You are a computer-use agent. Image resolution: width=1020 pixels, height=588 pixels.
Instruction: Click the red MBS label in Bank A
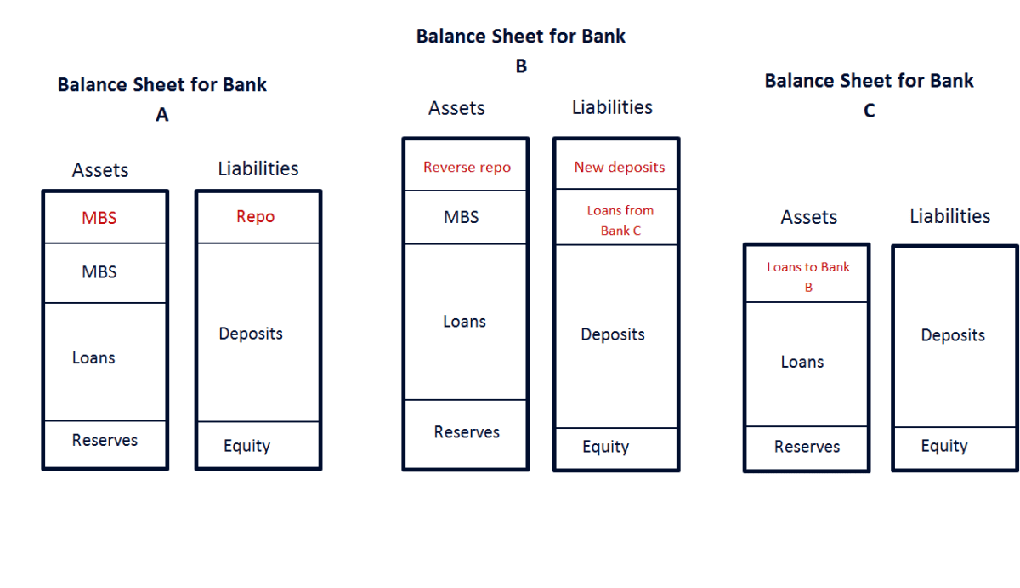tap(99, 218)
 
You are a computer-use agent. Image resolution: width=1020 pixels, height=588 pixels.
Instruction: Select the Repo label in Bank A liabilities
tap(255, 217)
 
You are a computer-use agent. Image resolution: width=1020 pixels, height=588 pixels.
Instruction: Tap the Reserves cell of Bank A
tap(105, 441)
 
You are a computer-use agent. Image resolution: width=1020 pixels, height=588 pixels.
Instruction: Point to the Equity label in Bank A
tap(246, 446)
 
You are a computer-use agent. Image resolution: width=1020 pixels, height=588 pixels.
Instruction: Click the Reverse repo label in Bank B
tap(467, 168)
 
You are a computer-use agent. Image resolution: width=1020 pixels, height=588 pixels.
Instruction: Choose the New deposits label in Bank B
tap(619, 168)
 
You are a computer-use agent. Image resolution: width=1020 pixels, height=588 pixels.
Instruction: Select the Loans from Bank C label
tap(620, 220)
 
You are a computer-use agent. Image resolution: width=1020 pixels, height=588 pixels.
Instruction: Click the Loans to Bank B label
tap(808, 277)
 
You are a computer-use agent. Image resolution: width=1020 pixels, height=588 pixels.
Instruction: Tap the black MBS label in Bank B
tap(462, 217)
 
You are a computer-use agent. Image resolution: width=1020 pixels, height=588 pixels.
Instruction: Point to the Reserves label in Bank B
tap(467, 432)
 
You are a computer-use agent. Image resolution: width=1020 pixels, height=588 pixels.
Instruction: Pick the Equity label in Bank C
tap(944, 446)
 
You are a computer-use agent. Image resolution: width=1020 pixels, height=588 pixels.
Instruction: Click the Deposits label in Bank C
tap(953, 335)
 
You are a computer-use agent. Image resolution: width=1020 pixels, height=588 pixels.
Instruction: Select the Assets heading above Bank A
tap(100, 170)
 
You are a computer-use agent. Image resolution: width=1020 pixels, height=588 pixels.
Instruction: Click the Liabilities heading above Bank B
tap(612, 107)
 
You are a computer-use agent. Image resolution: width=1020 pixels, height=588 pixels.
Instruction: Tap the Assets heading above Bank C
tap(809, 218)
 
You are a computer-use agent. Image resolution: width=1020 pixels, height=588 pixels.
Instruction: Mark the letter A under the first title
tap(162, 115)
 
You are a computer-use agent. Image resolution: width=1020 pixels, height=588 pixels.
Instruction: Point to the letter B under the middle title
tap(521, 66)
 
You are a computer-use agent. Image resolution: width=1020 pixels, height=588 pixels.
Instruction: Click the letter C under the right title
tap(869, 111)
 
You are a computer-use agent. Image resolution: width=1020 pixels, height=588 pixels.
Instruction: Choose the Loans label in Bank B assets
tap(464, 322)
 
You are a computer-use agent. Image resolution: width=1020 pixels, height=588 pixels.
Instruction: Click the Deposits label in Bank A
tap(251, 334)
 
